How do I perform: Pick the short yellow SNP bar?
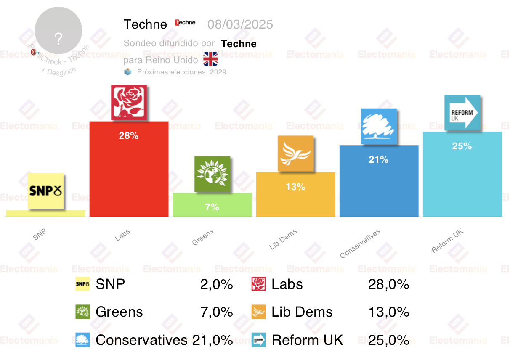pos(45,213)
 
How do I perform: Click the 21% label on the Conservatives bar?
pos(379,160)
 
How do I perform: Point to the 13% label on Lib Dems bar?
pos(295,187)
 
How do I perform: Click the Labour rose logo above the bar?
pos(129,102)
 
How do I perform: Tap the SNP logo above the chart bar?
pos(46,191)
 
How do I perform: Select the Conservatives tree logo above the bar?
pos(379,126)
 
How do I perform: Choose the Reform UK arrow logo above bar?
pos(462,112)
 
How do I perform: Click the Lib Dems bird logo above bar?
pos(295,154)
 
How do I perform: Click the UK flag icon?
pos(210,59)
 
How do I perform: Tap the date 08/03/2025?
pos(240,24)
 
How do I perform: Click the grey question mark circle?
pos(58,31)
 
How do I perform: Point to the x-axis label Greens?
pos(203,237)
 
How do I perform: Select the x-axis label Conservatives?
pos(360,244)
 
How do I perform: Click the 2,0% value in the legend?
pos(217,284)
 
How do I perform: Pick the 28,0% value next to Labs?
pos(388,284)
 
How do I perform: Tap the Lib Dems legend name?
pos(302,312)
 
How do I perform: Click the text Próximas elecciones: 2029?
pos(181,72)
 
